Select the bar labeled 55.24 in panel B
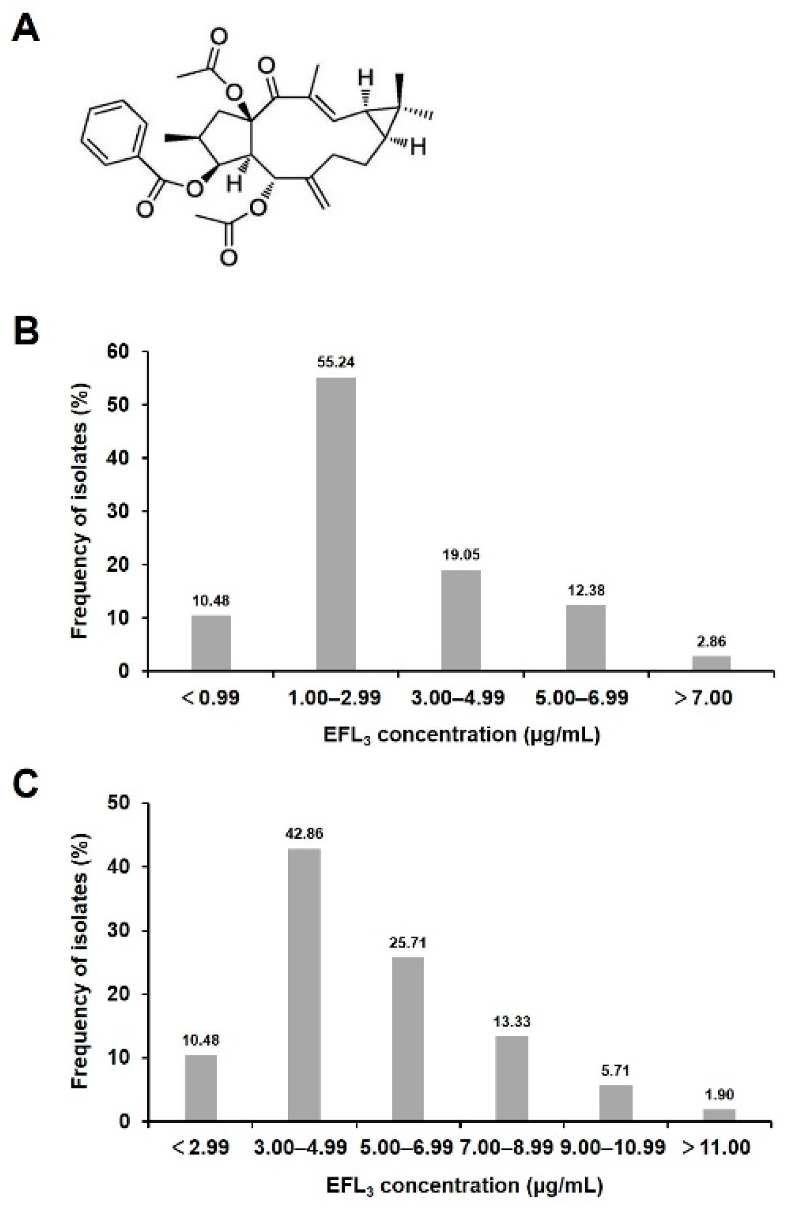(336, 524)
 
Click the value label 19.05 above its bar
(461, 555)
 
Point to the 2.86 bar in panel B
(711, 663)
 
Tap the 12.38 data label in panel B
(586, 591)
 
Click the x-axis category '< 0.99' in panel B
(211, 697)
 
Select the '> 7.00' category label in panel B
(703, 697)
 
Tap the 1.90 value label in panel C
(719, 1094)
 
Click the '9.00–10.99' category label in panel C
(614, 1147)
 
